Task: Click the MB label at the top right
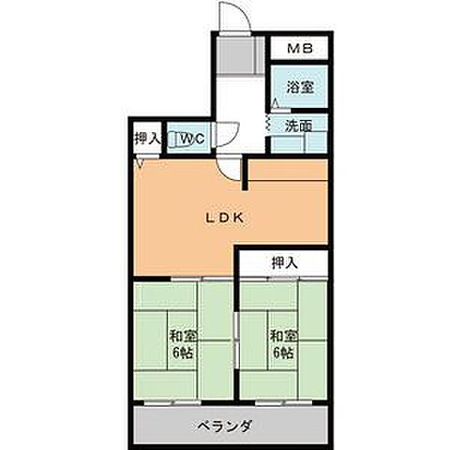(299, 47)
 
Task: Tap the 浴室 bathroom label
(299, 87)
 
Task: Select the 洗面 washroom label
(299, 124)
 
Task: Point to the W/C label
(194, 139)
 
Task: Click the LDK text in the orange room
(225, 217)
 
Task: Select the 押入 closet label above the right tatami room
(284, 263)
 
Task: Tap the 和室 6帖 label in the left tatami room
(182, 344)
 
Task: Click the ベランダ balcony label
(225, 427)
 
